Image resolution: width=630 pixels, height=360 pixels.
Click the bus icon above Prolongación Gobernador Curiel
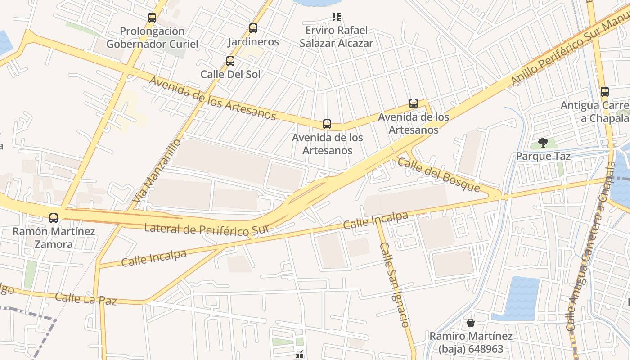[152, 18]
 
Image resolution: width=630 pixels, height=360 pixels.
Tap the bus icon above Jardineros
[253, 28]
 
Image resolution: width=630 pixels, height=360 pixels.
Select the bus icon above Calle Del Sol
[230, 61]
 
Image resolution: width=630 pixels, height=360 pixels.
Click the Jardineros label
[253, 42]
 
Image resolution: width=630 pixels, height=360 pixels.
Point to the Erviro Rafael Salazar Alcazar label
[337, 36]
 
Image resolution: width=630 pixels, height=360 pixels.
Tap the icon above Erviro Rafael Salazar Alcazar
[337, 17]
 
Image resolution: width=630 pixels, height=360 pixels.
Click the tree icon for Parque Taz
[543, 143]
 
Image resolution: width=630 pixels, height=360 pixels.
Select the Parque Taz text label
[543, 156]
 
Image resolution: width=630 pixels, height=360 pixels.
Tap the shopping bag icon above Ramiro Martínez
[471, 323]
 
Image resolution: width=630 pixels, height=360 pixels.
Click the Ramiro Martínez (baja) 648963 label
[471, 342]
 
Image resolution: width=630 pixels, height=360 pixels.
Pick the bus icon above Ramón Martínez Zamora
[54, 218]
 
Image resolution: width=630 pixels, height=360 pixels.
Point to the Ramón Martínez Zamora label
[54, 238]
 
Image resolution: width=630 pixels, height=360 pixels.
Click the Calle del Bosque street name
[439, 175]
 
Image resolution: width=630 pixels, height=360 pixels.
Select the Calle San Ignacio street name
[395, 284]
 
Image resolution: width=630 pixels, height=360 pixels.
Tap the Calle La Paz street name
[85, 298]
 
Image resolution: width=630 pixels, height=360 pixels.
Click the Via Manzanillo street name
[157, 171]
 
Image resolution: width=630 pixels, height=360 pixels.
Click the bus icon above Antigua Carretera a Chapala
[605, 92]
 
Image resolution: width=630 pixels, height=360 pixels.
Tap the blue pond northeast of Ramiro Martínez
[522, 298]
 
